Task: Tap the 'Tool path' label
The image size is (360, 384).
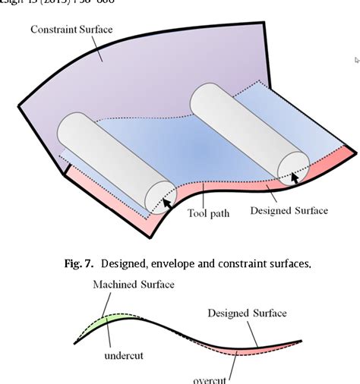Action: point(207,212)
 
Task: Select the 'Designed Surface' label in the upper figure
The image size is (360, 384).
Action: point(289,210)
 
